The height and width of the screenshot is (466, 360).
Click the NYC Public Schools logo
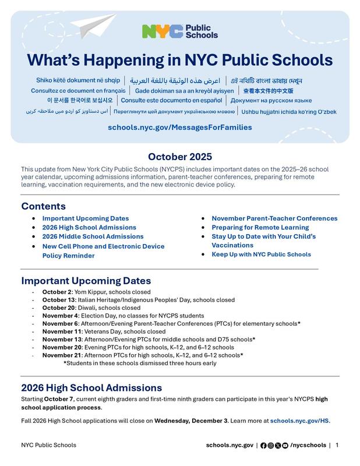pos(179,31)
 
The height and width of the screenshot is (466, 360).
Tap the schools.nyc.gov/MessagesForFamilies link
pos(179,127)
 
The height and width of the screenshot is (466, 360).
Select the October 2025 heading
pos(179,157)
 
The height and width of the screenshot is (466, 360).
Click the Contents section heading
pos(43,206)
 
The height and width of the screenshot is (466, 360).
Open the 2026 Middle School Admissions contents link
pos(93,236)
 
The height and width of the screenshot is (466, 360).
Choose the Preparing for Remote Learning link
pos(260,227)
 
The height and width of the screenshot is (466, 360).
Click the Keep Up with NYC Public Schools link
pos(261,255)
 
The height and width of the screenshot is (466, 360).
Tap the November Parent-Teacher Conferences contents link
pos(274,218)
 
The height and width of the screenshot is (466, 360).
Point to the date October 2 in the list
pos(57,292)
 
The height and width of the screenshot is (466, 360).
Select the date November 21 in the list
pos(61,355)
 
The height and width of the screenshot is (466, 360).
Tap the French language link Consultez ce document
pos(77,91)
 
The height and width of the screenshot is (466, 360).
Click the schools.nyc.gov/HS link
pos(299,420)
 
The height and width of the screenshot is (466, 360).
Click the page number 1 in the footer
pos(337,445)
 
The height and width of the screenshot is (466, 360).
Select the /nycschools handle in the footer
pos(308,445)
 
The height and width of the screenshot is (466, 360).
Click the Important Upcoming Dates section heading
pos(86,281)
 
